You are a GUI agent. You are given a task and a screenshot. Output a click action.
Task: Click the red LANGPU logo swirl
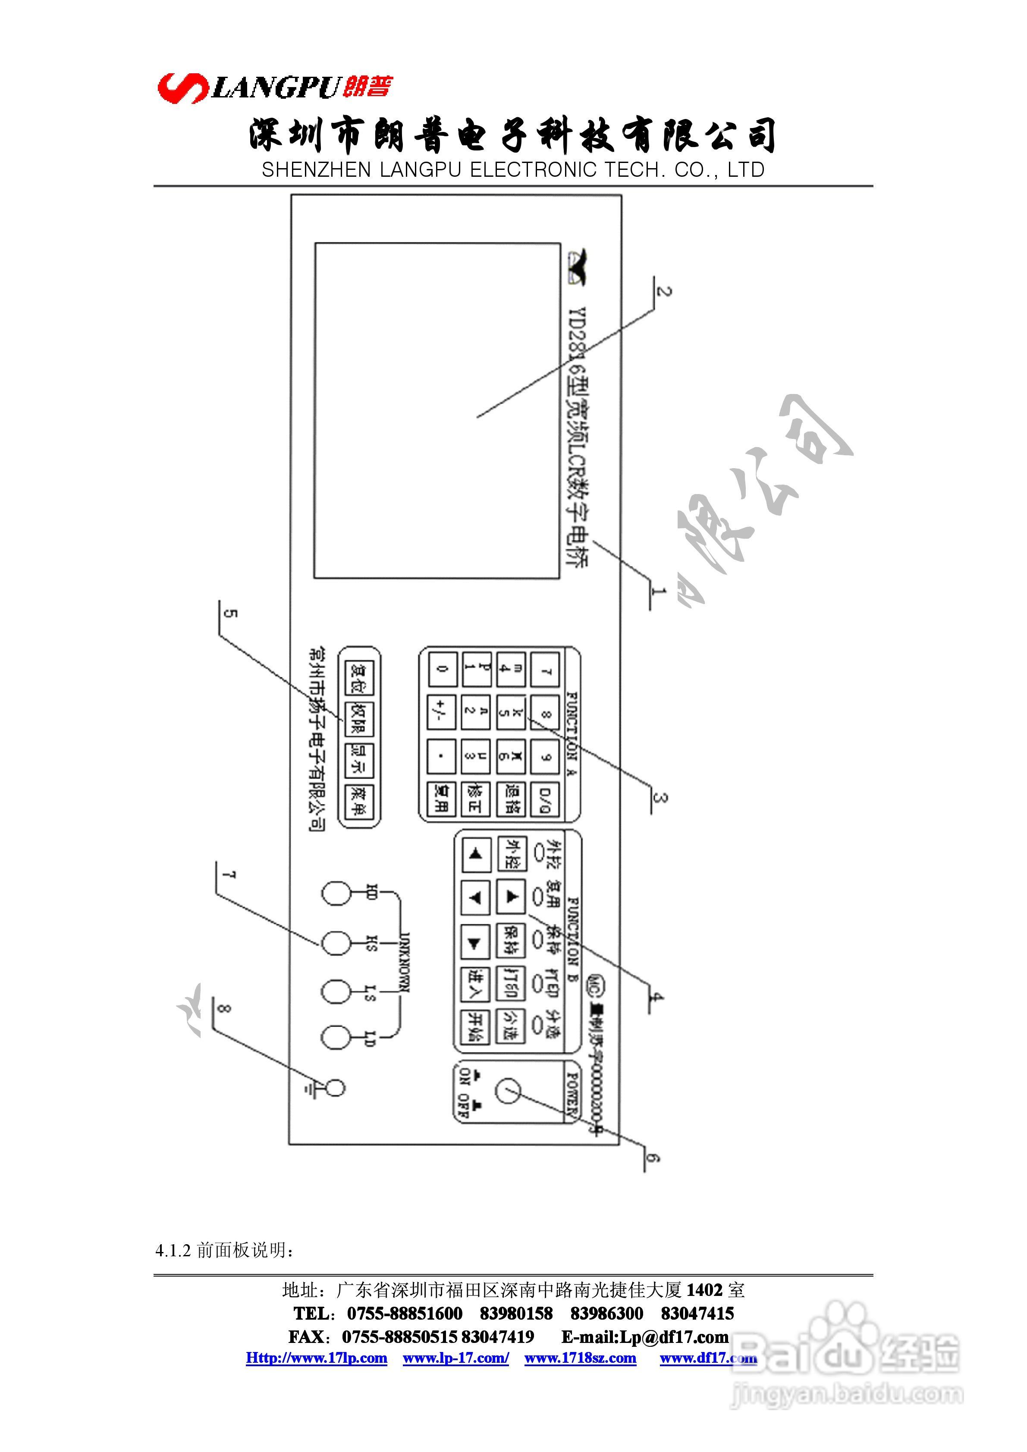(183, 88)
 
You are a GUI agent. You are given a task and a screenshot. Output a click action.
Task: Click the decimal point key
(442, 755)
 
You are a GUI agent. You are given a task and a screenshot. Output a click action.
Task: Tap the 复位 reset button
(359, 677)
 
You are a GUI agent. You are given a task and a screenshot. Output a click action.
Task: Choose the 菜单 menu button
(359, 801)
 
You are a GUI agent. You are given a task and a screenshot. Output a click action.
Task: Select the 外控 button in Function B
(510, 854)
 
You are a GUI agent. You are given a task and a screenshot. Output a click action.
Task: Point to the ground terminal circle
(334, 1088)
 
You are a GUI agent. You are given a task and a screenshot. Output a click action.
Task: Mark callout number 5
(230, 613)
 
